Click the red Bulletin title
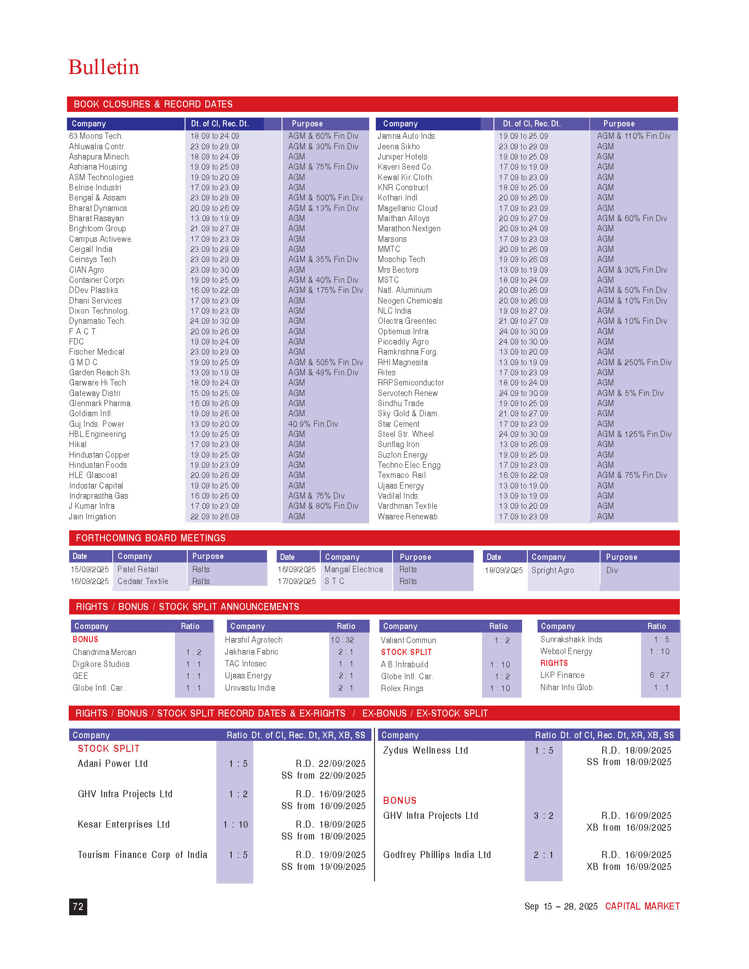tap(104, 67)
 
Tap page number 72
tap(78, 906)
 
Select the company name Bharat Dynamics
tap(98, 208)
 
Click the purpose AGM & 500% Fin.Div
tap(325, 198)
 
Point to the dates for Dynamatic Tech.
tap(214, 321)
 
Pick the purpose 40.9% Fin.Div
tap(313, 424)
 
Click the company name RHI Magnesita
tap(402, 362)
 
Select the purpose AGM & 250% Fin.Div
tap(634, 362)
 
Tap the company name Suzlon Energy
tap(402, 455)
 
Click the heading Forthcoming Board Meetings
tap(150, 538)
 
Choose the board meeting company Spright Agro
tap(552, 570)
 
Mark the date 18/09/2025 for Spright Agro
tap(504, 570)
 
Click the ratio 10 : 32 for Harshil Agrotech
tap(341, 640)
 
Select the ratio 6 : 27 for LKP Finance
tap(660, 675)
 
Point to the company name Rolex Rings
tap(402, 688)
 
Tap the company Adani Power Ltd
tap(113, 764)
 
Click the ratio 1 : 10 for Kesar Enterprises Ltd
tap(235, 825)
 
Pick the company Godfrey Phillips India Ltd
tap(437, 855)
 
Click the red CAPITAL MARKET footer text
tap(642, 906)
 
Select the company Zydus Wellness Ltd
tap(425, 750)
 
